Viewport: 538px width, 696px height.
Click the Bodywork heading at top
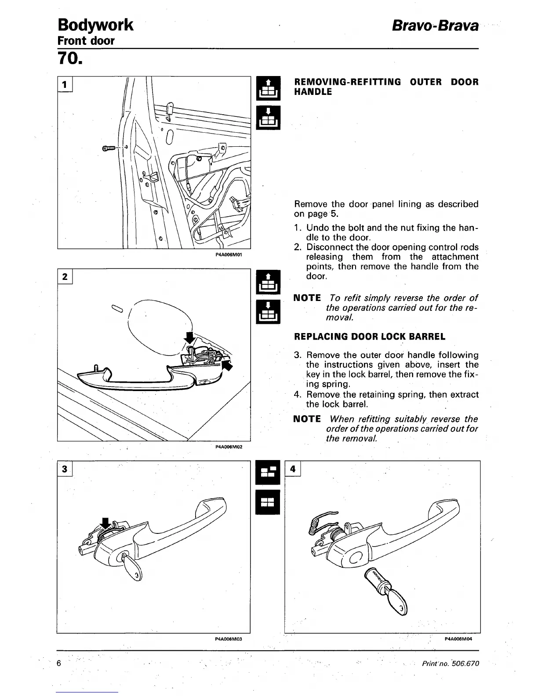coord(95,25)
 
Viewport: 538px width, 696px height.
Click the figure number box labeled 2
coord(65,276)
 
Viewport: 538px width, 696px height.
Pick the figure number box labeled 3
coord(64,469)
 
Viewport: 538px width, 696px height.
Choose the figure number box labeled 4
coord(293,469)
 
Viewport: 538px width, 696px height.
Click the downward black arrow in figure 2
coord(189,337)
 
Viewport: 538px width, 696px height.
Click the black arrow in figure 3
coord(105,523)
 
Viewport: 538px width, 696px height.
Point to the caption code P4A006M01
coord(229,254)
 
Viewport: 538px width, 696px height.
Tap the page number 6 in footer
coord(59,663)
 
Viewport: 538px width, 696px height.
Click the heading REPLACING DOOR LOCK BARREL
coord(369,337)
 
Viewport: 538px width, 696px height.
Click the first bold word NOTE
coord(307,298)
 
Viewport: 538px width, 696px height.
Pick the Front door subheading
coord(86,41)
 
